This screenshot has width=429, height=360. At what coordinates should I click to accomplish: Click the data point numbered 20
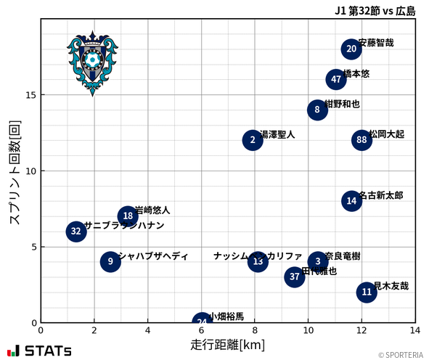click(351, 49)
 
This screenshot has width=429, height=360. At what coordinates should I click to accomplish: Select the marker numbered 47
click(335, 79)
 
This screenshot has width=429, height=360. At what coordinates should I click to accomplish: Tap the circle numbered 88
click(361, 140)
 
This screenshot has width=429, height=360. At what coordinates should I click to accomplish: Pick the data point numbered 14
click(351, 201)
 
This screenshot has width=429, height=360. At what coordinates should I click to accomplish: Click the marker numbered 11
click(367, 292)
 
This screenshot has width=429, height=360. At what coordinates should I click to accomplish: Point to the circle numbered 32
click(76, 232)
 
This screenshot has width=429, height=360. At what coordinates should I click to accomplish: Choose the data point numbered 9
click(110, 261)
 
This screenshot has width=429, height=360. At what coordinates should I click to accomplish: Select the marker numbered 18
click(128, 216)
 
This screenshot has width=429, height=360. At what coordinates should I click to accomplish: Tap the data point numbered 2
click(253, 140)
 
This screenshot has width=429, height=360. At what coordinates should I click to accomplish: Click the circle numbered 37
click(294, 277)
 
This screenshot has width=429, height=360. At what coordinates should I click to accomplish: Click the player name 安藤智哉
click(376, 43)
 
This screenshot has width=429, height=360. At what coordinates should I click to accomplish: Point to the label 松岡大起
click(386, 134)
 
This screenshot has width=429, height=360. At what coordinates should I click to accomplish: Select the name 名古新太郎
click(381, 195)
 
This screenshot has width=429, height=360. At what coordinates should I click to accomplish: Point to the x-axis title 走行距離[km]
click(228, 344)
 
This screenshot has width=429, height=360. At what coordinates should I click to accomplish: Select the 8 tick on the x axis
click(255, 330)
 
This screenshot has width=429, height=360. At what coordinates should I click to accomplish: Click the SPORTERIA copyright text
click(401, 355)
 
